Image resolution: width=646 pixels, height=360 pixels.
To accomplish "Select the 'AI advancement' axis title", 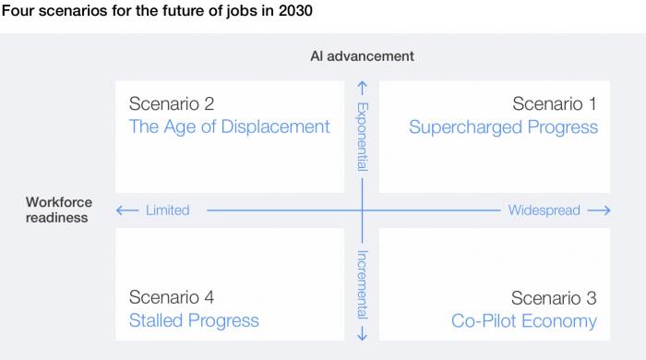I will pyautogui.click(x=362, y=56).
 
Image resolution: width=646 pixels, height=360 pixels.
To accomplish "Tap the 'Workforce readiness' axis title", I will pyautogui.click(x=57, y=210).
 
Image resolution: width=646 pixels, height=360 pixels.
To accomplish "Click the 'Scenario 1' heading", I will pyautogui.click(x=555, y=103).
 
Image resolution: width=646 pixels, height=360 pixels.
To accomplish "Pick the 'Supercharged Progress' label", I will pyautogui.click(x=503, y=127).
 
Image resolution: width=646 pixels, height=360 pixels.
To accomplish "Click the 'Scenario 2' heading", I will pyautogui.click(x=172, y=103).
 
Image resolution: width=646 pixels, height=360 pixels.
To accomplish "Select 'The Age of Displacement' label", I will pyautogui.click(x=229, y=127).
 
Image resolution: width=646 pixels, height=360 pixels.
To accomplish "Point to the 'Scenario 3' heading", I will pyautogui.click(x=554, y=298).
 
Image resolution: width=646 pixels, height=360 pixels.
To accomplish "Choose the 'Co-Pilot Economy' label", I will pyautogui.click(x=523, y=321).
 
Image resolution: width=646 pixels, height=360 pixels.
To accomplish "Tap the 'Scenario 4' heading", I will pyautogui.click(x=172, y=297).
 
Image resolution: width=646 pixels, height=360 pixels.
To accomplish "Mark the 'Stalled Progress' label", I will pyautogui.click(x=194, y=321).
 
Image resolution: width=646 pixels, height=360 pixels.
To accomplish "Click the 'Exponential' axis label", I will pyautogui.click(x=363, y=137).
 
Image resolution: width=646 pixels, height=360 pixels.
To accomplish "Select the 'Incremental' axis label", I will pyautogui.click(x=363, y=283).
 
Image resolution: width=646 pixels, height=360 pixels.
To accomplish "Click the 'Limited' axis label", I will pyautogui.click(x=167, y=210).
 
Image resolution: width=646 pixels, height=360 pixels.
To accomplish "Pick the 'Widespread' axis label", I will pyautogui.click(x=544, y=210).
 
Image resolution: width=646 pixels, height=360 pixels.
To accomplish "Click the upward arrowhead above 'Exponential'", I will pyautogui.click(x=363, y=88).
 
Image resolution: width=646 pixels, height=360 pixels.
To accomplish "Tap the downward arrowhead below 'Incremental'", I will pyautogui.click(x=363, y=333).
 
